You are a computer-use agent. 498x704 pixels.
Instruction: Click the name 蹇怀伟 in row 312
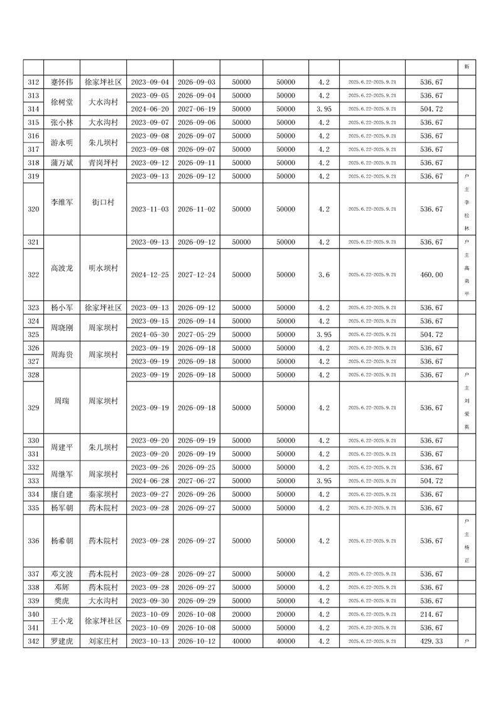62,82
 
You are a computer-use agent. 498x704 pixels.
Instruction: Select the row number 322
34,275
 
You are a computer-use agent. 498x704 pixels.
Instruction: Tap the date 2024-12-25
150,275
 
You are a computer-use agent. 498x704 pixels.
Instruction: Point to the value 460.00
431,275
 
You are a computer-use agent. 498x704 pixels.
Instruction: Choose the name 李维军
62,202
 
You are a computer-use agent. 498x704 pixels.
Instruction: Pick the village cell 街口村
103,202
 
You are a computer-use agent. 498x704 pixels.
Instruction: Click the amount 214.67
431,614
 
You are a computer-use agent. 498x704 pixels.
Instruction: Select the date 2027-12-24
197,275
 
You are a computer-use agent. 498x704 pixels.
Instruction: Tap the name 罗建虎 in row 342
62,641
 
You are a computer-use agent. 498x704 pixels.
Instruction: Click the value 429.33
431,641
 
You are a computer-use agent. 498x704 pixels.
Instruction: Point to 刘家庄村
103,641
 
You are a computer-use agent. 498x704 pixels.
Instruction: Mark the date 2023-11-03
150,209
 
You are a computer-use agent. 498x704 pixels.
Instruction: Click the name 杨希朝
62,541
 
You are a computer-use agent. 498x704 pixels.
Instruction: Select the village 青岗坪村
103,163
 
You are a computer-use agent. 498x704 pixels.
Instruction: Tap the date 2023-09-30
150,601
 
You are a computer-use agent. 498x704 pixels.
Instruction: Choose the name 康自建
62,494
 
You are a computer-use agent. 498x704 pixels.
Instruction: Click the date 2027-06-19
197,109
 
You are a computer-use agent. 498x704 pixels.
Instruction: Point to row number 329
34,408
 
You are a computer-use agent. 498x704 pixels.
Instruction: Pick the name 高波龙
62,268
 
